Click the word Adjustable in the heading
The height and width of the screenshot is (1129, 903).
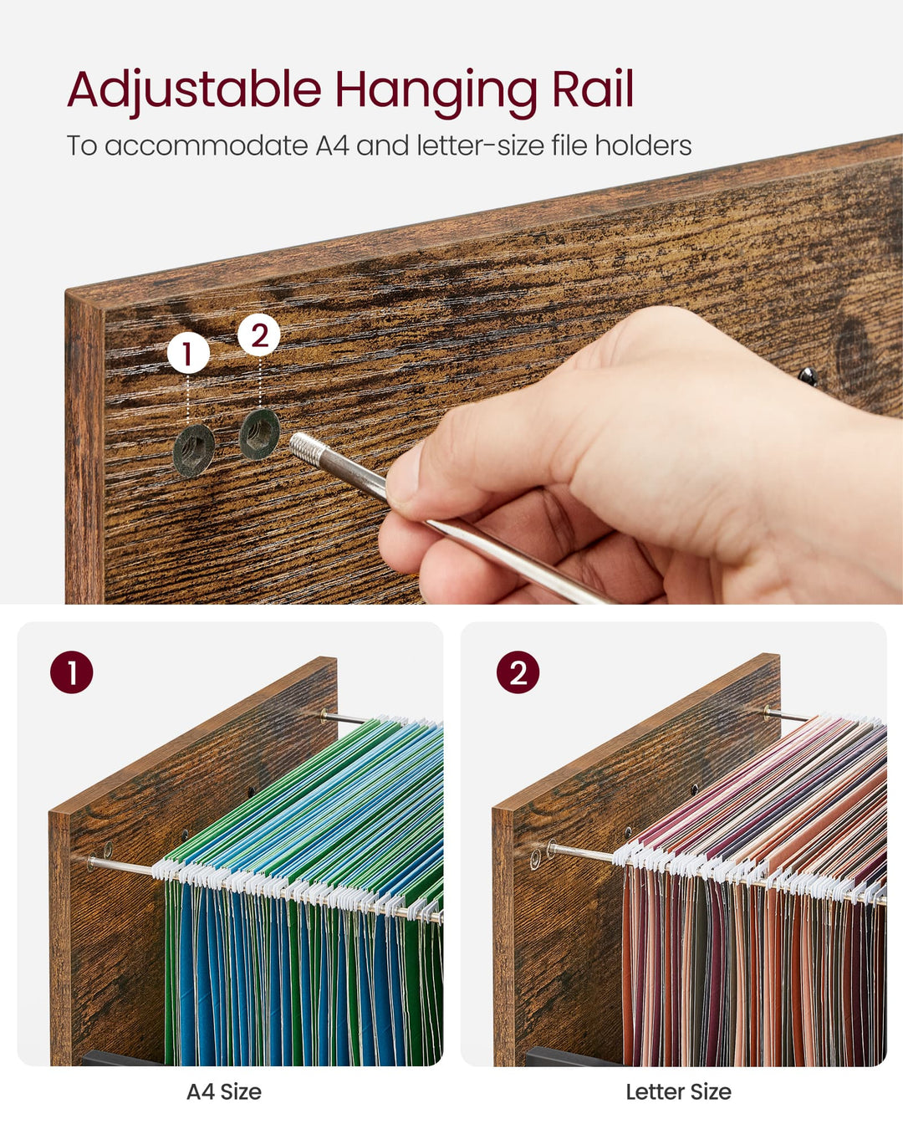194,89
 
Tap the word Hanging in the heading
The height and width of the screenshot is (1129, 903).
436,89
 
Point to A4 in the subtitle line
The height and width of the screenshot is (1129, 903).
332,146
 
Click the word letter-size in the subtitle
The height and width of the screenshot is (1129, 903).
479,146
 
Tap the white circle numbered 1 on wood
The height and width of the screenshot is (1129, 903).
188,354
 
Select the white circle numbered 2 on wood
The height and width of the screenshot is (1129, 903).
259,335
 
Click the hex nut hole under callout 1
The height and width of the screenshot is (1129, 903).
194,450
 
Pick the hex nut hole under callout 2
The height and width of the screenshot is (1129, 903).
260,434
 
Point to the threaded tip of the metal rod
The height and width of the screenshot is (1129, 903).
304,444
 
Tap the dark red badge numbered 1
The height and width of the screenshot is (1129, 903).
72,672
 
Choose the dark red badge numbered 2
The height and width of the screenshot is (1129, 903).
518,672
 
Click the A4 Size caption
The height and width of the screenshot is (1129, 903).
223,1091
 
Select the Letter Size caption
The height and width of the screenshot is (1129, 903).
678,1091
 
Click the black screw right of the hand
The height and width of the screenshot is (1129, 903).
808,376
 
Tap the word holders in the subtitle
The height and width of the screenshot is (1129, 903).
643,146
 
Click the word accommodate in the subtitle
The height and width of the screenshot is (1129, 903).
207,146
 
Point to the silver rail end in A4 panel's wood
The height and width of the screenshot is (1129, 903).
107,851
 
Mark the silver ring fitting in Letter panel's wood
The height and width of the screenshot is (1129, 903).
536,857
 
